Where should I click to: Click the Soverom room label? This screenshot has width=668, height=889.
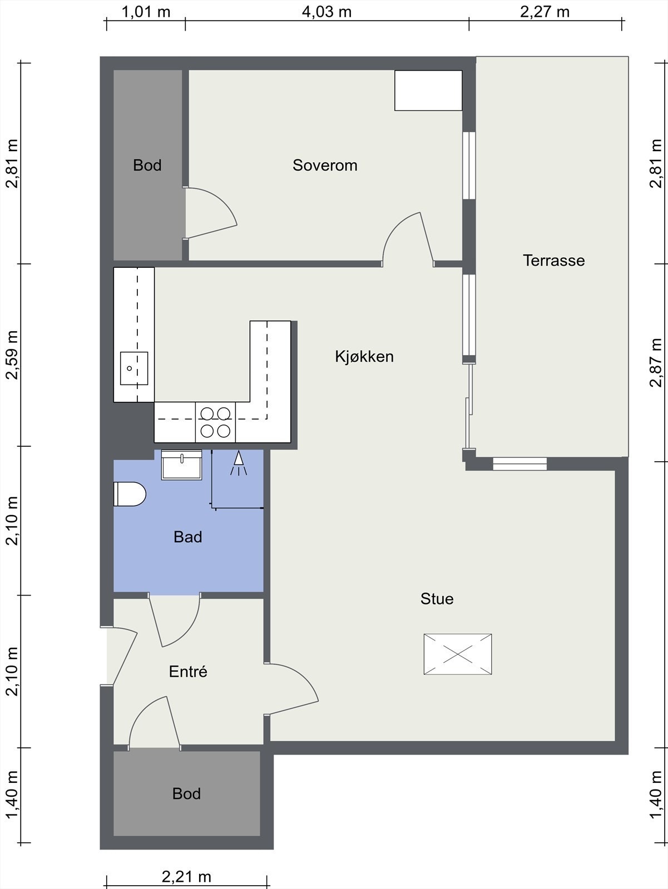click(325, 165)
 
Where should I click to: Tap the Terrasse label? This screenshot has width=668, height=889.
click(553, 261)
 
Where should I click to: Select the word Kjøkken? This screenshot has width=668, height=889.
click(364, 356)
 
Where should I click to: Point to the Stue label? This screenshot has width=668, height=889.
click(437, 598)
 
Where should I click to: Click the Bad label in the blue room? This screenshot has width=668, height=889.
click(187, 537)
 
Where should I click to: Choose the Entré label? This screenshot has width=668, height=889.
click(188, 672)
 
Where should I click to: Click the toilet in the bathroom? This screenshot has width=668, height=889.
click(130, 494)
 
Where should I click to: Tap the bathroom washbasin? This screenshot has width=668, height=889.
click(181, 465)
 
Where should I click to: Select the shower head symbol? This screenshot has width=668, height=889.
click(239, 462)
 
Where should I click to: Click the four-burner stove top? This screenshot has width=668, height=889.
click(215, 422)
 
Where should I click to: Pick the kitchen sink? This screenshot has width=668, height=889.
click(133, 368)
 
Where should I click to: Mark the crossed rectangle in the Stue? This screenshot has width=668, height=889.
click(458, 654)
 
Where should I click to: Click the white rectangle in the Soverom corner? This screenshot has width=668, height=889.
click(428, 91)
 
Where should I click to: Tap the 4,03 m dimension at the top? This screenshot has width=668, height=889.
click(326, 12)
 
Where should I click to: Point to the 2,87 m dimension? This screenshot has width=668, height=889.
click(655, 362)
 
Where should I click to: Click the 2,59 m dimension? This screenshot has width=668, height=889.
click(12, 355)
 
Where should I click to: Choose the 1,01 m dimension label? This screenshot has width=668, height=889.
click(146, 12)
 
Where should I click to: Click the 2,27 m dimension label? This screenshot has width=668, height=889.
click(545, 12)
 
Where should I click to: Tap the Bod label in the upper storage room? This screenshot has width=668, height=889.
click(147, 165)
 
